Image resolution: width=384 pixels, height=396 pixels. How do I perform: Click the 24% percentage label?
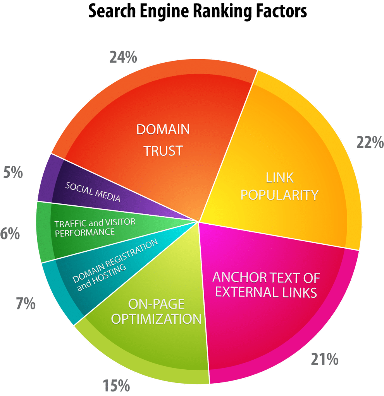tap(123, 57)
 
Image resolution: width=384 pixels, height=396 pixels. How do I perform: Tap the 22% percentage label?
tap(370, 142)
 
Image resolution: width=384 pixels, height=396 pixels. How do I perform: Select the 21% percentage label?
tap(324, 359)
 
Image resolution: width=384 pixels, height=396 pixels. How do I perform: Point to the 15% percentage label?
tap(116, 386)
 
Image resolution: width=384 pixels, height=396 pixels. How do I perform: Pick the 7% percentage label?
tap(26, 303)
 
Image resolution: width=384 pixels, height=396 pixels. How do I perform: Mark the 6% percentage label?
tap(10, 233)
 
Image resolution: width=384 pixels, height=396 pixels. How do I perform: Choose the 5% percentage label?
tap(13, 172)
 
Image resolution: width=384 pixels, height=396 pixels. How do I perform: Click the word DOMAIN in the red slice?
tap(163, 129)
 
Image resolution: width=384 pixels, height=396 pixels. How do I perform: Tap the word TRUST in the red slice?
tap(163, 151)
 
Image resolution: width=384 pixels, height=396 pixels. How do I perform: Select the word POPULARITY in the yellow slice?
tap(279, 195)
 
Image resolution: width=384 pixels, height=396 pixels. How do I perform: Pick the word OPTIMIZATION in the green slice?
tap(156, 319)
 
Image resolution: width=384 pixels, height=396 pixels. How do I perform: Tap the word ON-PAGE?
tap(156, 304)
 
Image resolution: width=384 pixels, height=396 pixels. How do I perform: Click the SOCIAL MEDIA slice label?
tap(93, 192)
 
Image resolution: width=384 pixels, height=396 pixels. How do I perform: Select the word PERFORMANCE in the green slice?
tap(85, 232)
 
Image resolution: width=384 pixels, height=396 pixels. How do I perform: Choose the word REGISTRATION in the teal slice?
tap(132, 251)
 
